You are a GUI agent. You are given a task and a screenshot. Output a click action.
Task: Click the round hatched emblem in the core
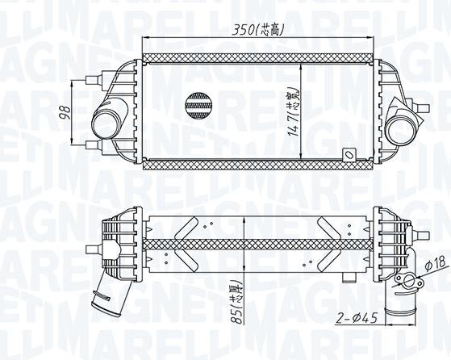(198, 103)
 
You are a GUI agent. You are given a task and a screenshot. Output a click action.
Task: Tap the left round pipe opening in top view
(102, 127)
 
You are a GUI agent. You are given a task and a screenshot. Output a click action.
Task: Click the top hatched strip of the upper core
(257, 60)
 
